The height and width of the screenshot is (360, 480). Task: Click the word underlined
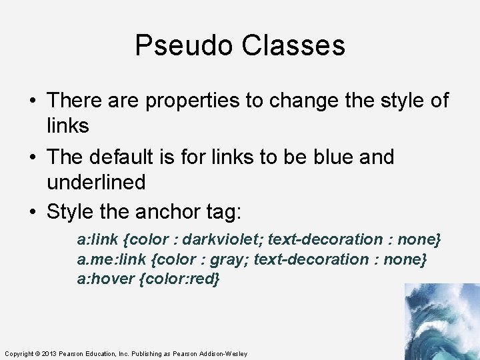pyautogui.click(x=96, y=182)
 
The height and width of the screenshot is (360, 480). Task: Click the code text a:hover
pyautogui.click(x=105, y=279)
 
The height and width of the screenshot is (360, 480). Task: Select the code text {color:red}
pyautogui.click(x=179, y=279)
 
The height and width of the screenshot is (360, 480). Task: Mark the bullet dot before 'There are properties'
pyautogui.click(x=32, y=102)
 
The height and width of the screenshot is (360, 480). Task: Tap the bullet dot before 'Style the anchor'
pyautogui.click(x=32, y=213)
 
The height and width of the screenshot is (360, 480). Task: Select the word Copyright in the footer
pyautogui.click(x=19, y=353)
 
